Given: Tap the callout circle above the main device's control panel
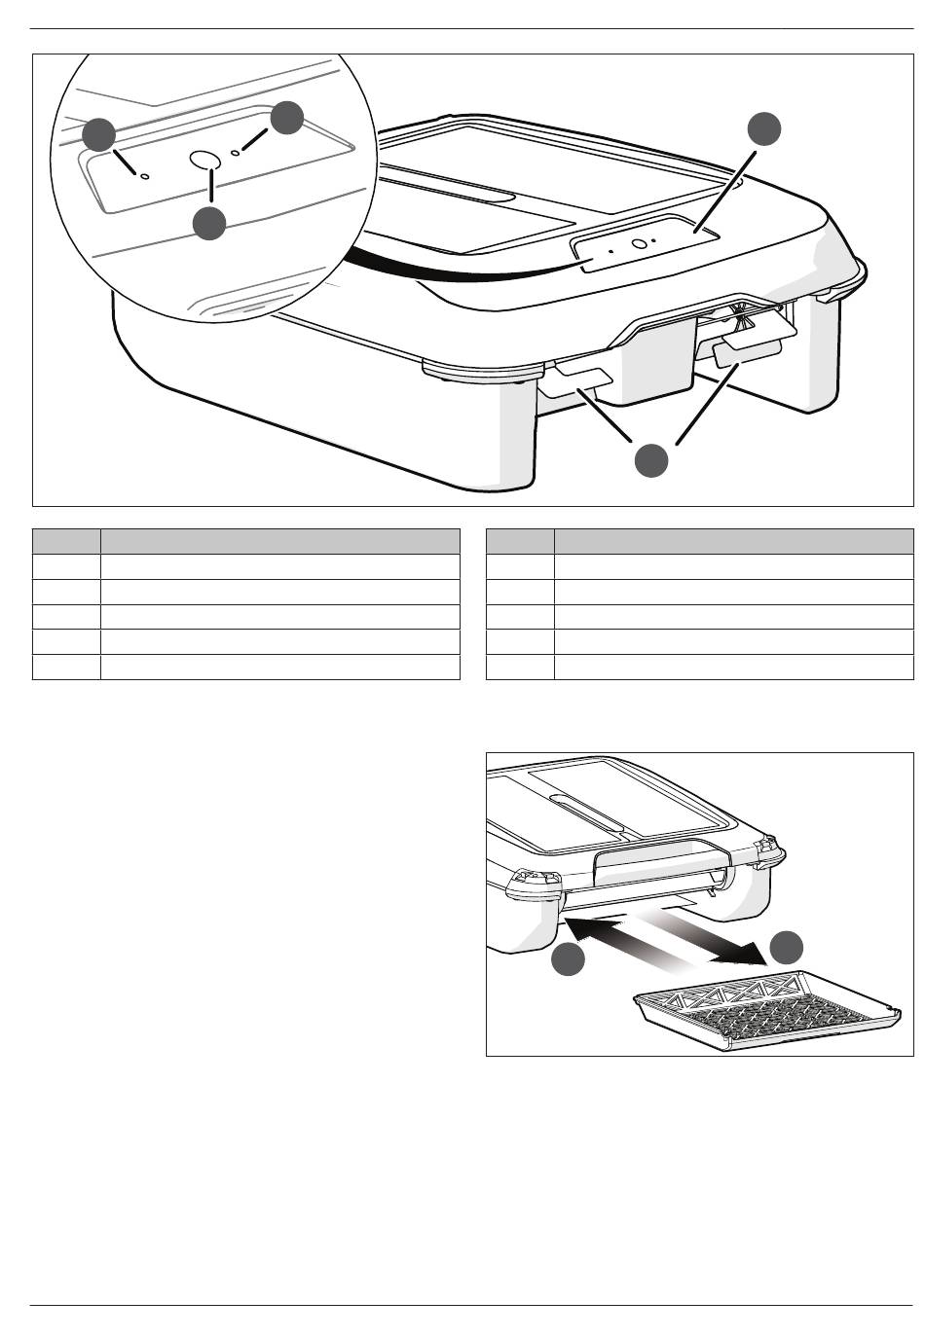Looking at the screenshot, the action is (x=764, y=129).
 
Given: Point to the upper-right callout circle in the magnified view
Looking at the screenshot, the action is (x=287, y=118).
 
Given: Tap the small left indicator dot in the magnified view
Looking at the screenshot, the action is (x=145, y=176).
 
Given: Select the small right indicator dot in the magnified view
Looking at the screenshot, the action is (x=236, y=153).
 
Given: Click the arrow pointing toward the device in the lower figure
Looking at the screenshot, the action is (x=623, y=939).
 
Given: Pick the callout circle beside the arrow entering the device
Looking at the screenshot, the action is (x=569, y=960).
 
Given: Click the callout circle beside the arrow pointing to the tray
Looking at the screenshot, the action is (x=788, y=947).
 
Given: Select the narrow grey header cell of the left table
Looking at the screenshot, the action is (x=66, y=541).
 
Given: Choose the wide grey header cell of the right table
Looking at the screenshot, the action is (x=733, y=541).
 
